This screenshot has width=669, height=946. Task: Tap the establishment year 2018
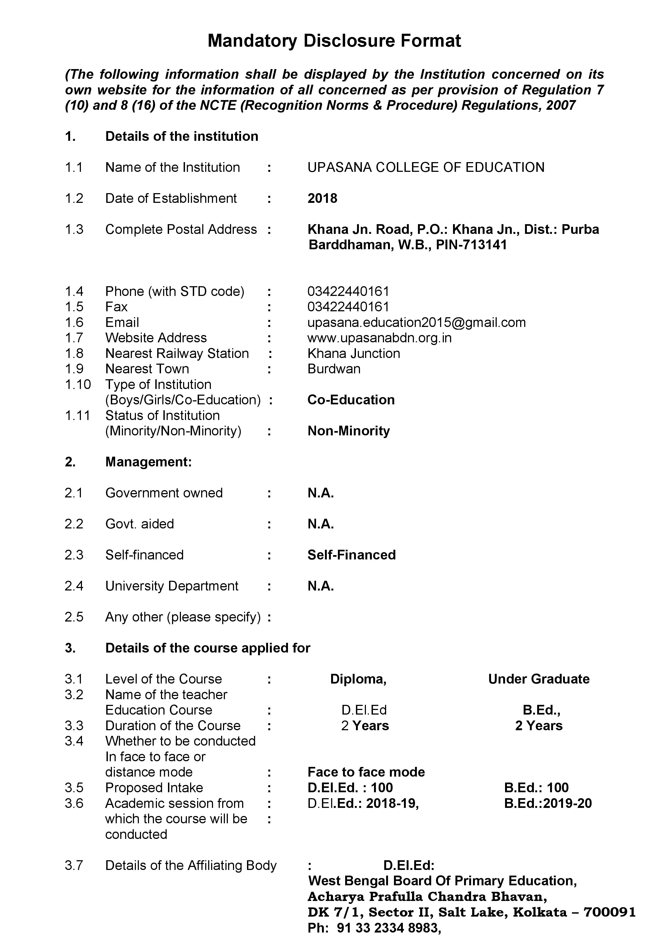pyautogui.click(x=322, y=199)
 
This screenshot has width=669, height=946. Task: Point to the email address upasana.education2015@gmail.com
pyautogui.click(x=417, y=322)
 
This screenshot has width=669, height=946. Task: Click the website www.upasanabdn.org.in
pyautogui.click(x=379, y=338)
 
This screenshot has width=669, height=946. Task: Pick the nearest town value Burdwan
pyautogui.click(x=334, y=369)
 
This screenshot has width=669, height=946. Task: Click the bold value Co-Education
pyautogui.click(x=351, y=400)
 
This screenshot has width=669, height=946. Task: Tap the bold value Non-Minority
pyautogui.click(x=348, y=431)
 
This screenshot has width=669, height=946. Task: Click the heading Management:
pyautogui.click(x=148, y=462)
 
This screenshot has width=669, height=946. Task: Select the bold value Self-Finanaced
pyautogui.click(x=351, y=555)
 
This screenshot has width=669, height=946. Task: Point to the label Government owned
pyautogui.click(x=164, y=493)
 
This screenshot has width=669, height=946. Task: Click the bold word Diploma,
pyautogui.click(x=358, y=679)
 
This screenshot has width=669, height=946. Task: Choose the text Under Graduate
pyautogui.click(x=538, y=679)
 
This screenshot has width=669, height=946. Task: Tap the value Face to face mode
pyautogui.click(x=366, y=772)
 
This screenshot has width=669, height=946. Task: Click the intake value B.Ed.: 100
pyautogui.click(x=536, y=788)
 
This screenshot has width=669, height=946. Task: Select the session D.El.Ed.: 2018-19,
pyautogui.click(x=363, y=804)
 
